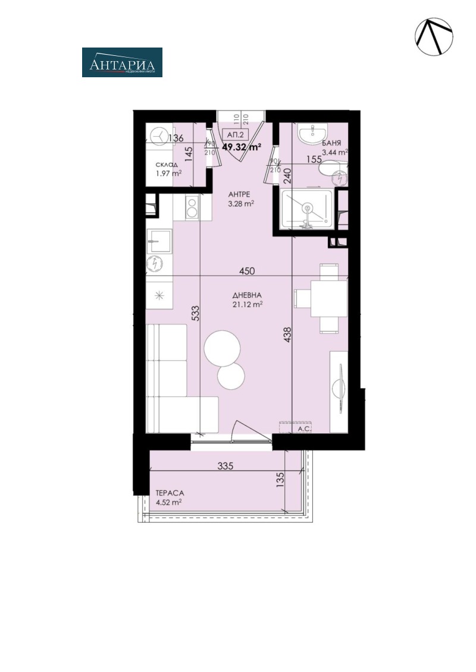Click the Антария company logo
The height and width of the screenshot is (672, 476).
click(122, 62)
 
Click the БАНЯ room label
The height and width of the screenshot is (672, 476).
click(331, 143)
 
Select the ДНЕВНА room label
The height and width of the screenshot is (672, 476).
click(248, 295)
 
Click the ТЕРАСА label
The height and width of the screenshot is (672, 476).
click(170, 493)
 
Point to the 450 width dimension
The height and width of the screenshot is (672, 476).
click(247, 271)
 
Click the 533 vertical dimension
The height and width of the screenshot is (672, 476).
click(195, 314)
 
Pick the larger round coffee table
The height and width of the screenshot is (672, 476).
click(222, 349)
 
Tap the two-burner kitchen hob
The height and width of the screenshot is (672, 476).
click(192, 208)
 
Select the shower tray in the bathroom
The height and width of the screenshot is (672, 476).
click(307, 209)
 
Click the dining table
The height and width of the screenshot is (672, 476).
click(328, 298)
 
